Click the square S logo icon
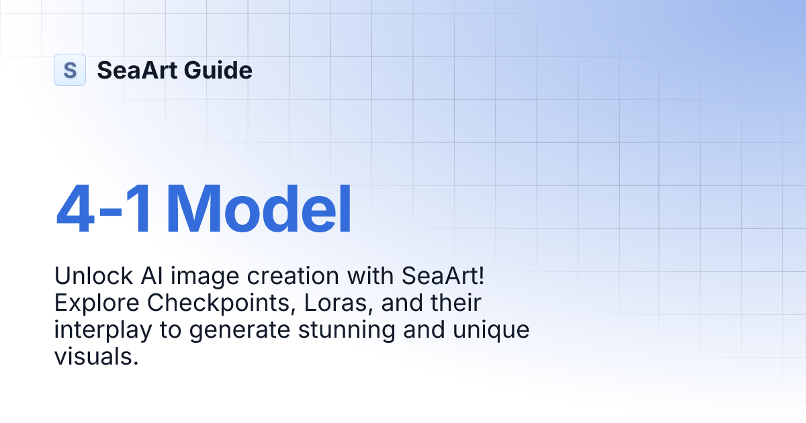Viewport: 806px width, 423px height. (70, 70)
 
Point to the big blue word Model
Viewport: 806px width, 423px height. (259, 210)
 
